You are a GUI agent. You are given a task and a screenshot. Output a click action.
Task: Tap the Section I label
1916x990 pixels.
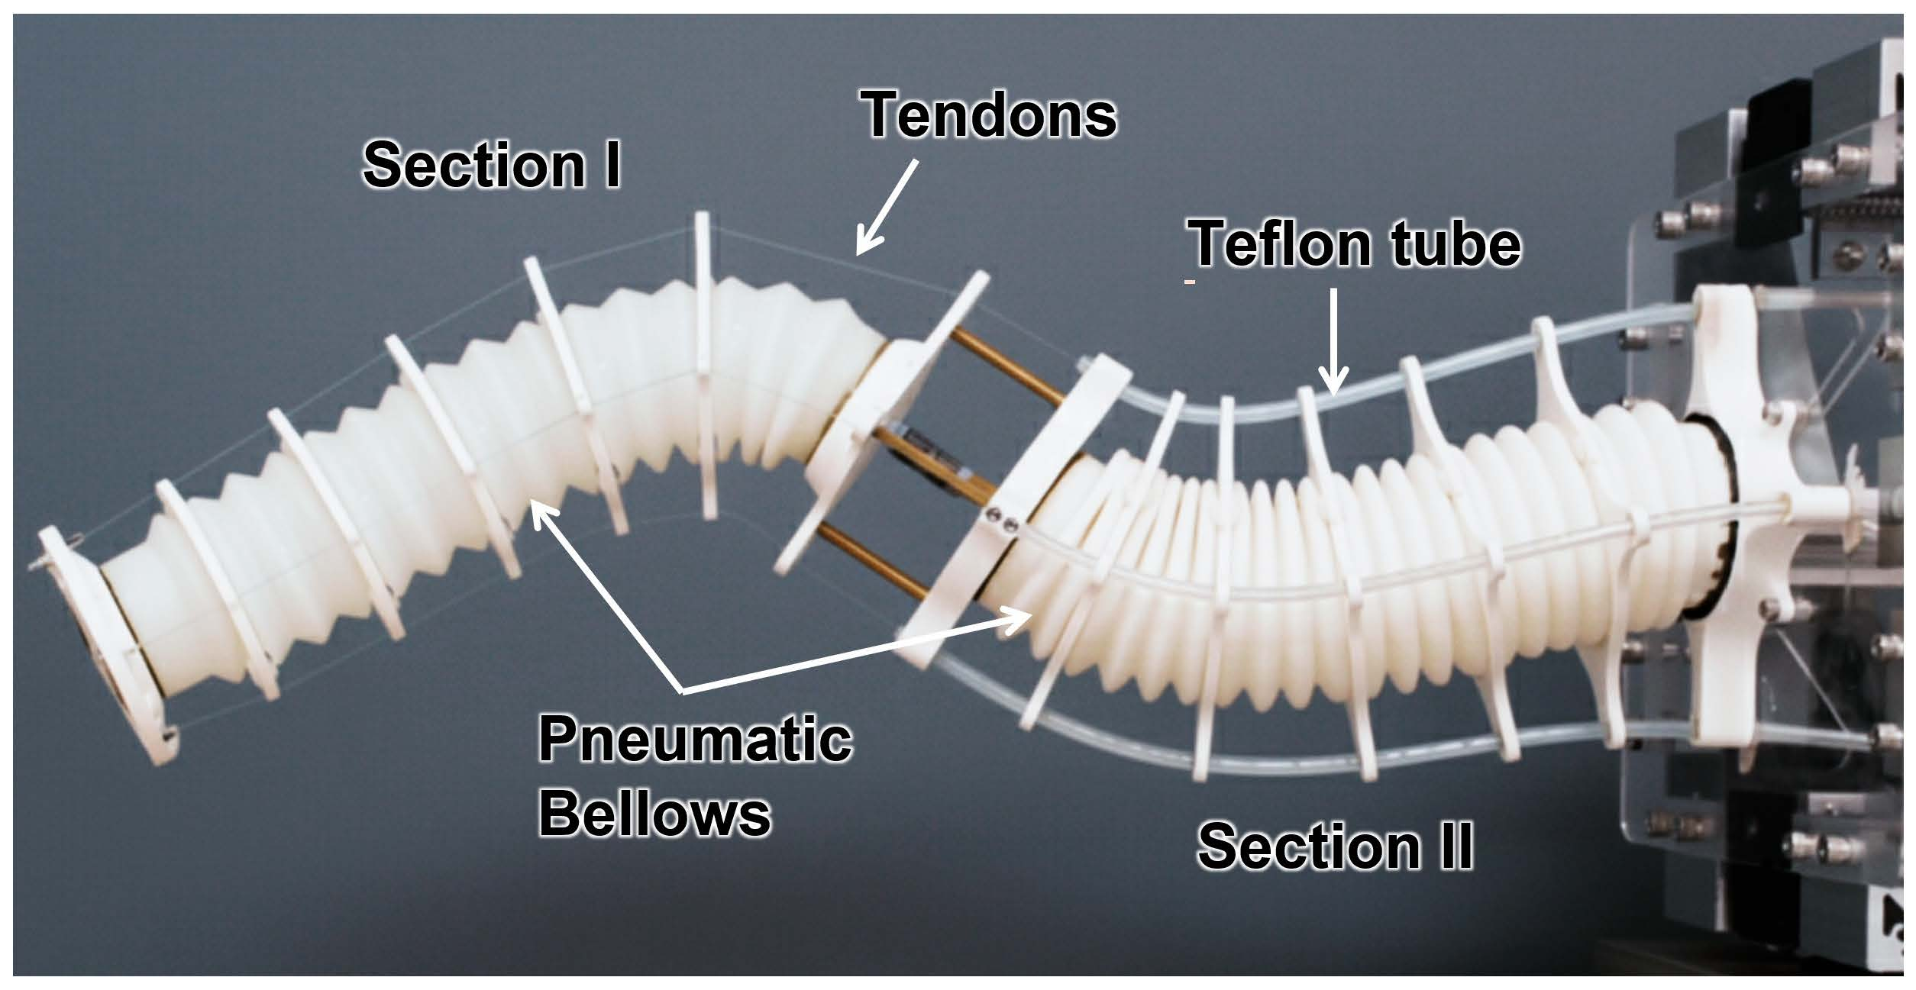pos(492,166)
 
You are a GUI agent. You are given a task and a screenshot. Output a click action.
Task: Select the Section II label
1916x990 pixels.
pos(1335,846)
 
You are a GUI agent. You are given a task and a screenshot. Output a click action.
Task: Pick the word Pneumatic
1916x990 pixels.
pos(695,739)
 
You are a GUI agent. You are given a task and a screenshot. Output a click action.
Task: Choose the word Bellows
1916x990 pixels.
pos(655,814)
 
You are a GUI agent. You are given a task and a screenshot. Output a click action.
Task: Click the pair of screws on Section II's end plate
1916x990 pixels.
pos(1000,522)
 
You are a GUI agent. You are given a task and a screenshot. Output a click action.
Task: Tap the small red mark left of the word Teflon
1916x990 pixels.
pos(1189,282)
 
